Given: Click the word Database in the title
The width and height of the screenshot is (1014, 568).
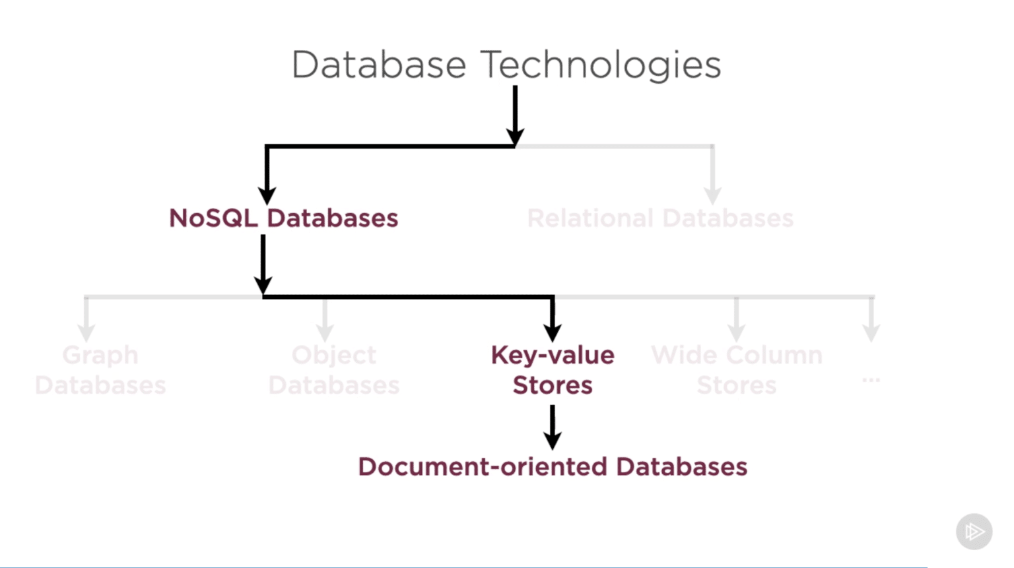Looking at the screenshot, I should point(379,65).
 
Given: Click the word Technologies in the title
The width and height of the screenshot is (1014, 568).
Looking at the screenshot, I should point(601,66).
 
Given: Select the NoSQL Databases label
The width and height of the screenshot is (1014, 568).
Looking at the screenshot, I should point(283,218).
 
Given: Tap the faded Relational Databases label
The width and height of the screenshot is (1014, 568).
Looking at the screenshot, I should point(660,218).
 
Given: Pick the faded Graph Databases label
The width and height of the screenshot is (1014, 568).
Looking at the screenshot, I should point(100,370).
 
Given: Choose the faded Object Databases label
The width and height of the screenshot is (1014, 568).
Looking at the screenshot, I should point(334,370).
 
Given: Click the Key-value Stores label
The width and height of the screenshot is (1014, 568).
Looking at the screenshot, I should point(553,370).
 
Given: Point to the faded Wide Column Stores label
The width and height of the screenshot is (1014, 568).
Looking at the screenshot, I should point(737,370).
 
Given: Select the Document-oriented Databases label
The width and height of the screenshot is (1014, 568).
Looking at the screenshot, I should point(553,467).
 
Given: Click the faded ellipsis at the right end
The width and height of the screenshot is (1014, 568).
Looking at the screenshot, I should point(871,380).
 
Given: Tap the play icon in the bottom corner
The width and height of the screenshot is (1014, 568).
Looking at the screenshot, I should point(974,531).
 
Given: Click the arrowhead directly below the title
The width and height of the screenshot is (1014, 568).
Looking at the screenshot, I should point(515,135).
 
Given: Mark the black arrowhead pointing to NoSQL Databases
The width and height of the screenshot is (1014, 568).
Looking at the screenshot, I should point(267,195).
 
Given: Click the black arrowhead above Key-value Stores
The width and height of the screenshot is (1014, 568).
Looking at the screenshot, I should point(553,331).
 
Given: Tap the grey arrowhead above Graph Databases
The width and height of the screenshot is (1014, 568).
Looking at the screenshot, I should point(86,331).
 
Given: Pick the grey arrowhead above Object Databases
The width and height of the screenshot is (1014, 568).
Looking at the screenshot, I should point(324,331).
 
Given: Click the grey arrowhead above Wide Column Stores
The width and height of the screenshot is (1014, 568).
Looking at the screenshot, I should point(737,331).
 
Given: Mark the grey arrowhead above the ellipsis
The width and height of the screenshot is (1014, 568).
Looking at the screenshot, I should point(871,331).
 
